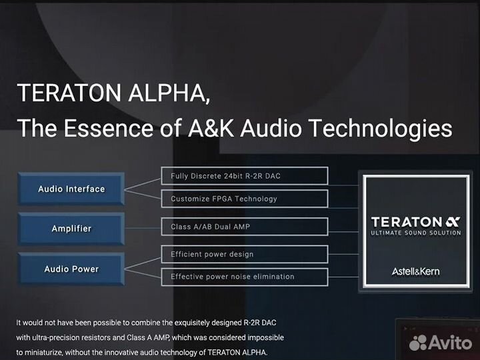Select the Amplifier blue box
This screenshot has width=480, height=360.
click(71, 229)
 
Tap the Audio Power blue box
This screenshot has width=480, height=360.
click(71, 269)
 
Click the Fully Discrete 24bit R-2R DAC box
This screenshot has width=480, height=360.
click(244, 176)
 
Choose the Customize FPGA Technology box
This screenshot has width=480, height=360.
click(244, 199)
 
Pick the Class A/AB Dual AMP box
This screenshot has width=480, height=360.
click(244, 227)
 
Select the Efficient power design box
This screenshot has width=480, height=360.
click(244, 254)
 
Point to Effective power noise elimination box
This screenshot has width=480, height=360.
click(244, 276)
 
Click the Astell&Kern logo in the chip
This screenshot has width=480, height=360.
click(415, 271)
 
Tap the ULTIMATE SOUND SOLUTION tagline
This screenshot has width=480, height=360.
click(415, 233)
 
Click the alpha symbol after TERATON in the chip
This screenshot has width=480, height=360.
click(453, 221)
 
